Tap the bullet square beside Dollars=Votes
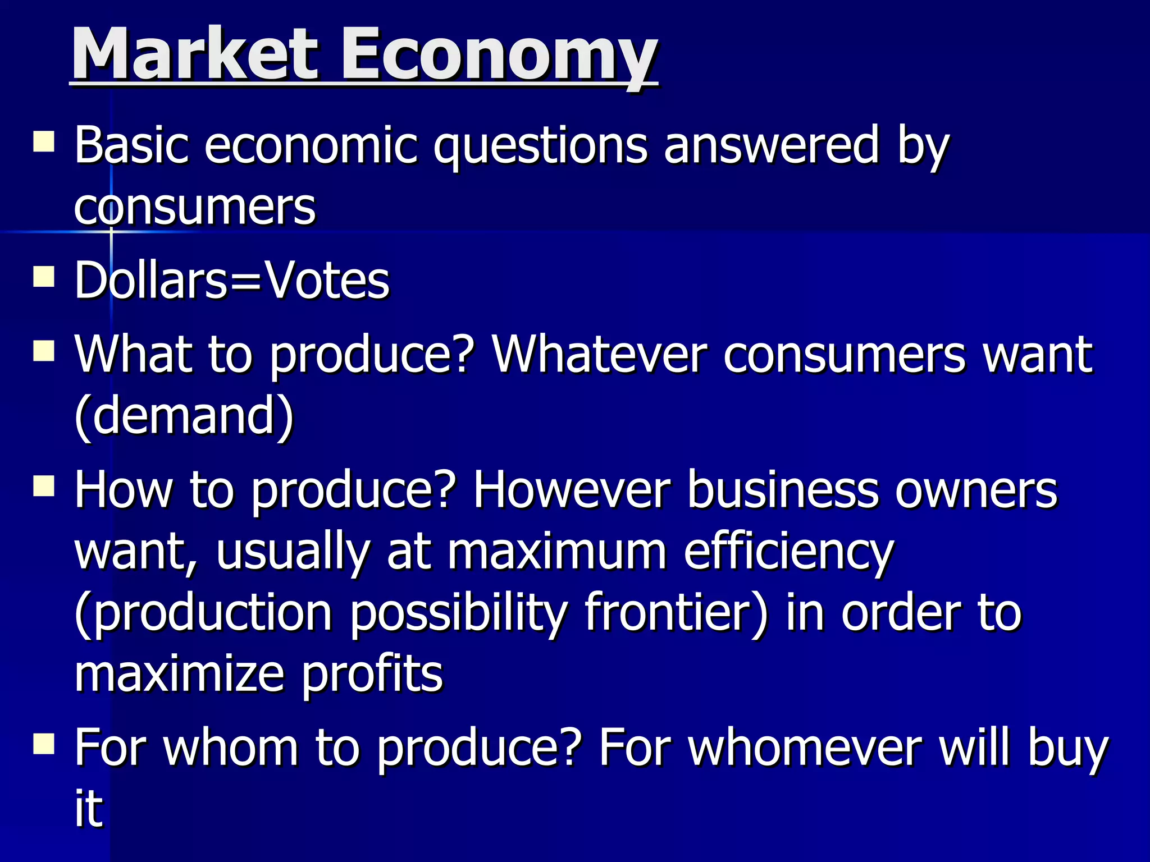pyautogui.click(x=44, y=277)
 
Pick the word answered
pyautogui.click(x=772, y=145)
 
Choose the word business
pyautogui.click(x=783, y=489)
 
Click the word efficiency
pyautogui.click(x=788, y=552)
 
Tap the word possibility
pyautogui.click(x=459, y=614)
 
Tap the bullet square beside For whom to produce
pyautogui.click(x=44, y=745)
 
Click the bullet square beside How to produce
pyautogui.click(x=44, y=487)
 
